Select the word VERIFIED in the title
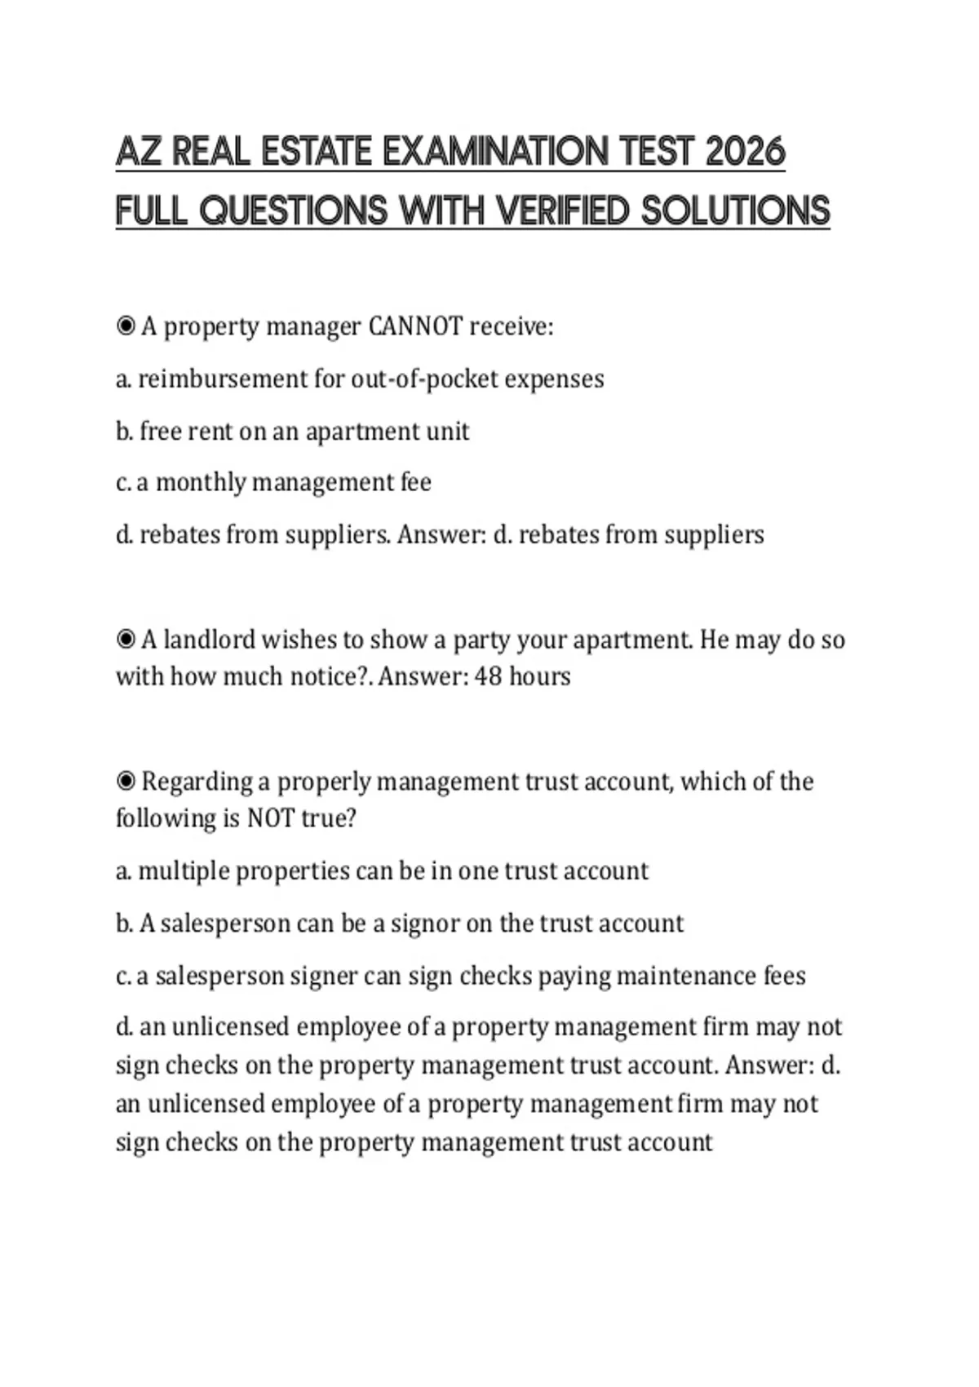click(x=563, y=211)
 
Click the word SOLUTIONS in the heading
click(x=735, y=211)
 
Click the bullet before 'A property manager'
click(x=126, y=326)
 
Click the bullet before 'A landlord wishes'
click(x=126, y=639)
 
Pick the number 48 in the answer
click(x=487, y=676)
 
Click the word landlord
click(x=209, y=639)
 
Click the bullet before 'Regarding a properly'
click(x=126, y=782)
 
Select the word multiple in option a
click(x=184, y=871)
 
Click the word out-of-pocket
click(x=423, y=379)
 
